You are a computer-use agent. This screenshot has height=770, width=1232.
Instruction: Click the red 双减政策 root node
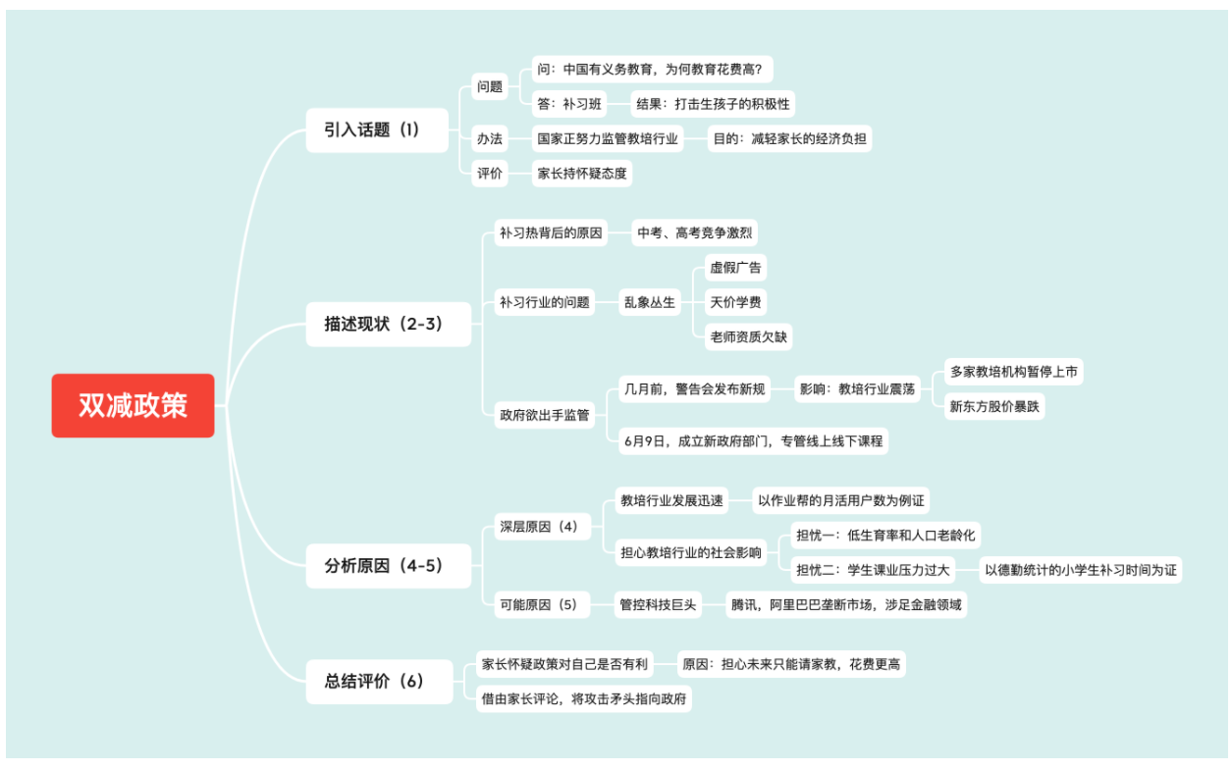[x=133, y=405]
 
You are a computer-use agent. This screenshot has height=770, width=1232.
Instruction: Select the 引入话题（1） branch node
[x=372, y=129]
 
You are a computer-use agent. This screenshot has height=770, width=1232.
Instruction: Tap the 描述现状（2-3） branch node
[x=384, y=324]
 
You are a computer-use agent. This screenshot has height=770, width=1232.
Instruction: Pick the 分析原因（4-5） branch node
[x=384, y=566]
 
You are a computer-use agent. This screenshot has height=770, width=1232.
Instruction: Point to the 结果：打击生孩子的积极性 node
[x=713, y=103]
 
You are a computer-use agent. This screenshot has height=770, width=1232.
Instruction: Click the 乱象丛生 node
[x=650, y=302]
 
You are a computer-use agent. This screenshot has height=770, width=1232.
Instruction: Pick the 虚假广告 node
[x=735, y=267]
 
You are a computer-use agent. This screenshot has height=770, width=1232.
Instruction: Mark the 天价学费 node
[x=735, y=302]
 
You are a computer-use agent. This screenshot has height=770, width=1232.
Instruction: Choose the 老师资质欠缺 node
[x=748, y=336]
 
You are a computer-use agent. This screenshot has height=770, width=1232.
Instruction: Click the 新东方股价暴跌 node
[x=993, y=406]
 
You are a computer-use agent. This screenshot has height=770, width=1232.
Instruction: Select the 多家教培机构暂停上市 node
[x=1014, y=372]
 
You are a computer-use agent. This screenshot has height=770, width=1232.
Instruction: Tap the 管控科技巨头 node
[x=657, y=605]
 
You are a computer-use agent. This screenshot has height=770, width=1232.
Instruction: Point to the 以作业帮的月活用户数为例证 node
[x=841, y=501]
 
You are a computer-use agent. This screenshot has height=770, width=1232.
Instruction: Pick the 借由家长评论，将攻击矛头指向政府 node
[x=583, y=698]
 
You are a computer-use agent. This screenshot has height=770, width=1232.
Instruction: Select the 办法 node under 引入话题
[x=490, y=138]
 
